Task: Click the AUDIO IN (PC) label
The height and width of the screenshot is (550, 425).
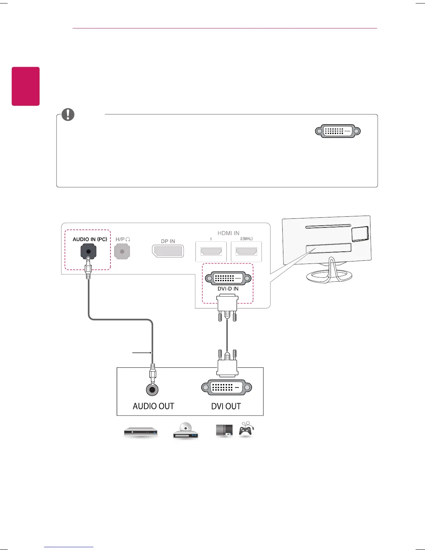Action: [90, 239]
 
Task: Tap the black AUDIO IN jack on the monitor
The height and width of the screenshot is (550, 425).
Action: [88, 251]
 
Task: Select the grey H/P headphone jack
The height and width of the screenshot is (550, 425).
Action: [122, 251]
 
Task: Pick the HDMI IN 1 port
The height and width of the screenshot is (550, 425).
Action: [211, 251]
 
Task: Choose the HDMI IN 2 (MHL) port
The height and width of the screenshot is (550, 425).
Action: [246, 251]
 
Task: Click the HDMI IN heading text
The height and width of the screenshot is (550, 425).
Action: [228, 233]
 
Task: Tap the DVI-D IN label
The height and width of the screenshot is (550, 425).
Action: [228, 289]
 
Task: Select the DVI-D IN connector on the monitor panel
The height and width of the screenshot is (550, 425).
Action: [228, 278]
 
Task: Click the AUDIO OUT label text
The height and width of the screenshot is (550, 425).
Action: [153, 406]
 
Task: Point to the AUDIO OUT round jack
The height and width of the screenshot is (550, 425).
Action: [152, 390]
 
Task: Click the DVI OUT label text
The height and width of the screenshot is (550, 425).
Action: [226, 406]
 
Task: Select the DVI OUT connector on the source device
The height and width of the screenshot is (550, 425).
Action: [226, 387]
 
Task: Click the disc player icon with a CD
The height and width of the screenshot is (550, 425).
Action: [186, 431]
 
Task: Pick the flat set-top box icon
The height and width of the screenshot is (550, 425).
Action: [141, 433]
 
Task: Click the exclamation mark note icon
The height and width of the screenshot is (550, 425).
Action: [68, 115]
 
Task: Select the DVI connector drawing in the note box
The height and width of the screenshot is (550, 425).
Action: [338, 131]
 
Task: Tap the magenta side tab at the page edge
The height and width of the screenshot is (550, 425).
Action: [26, 86]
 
